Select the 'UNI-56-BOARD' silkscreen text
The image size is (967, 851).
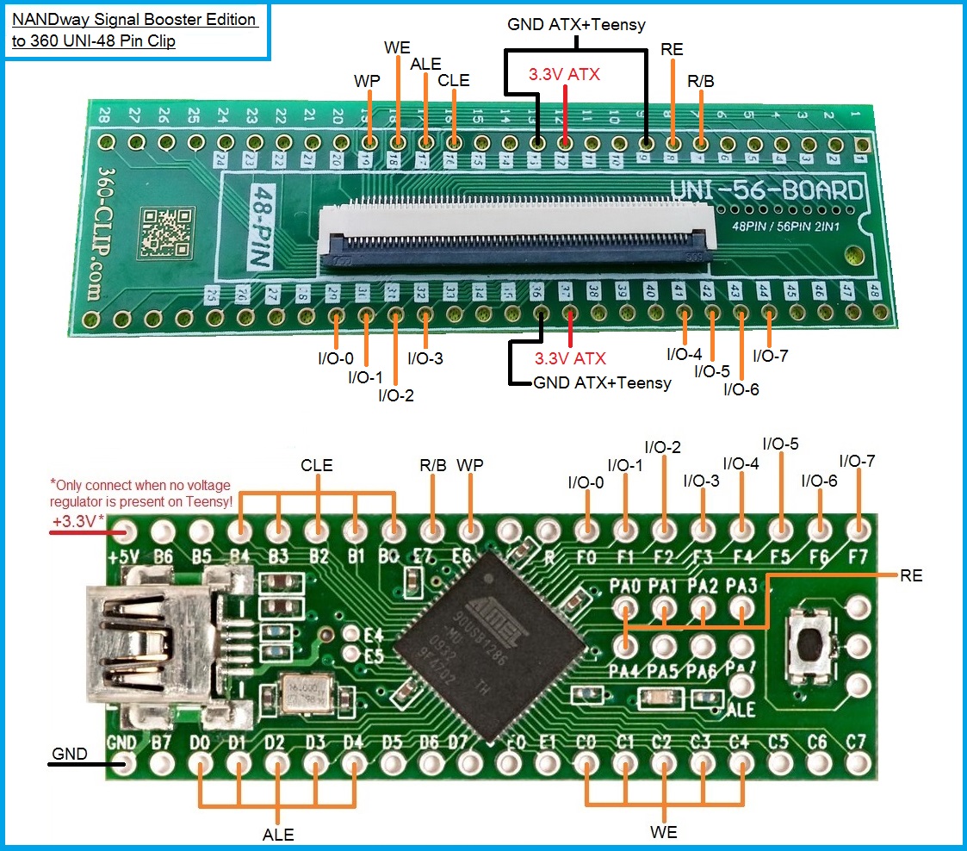tap(766, 191)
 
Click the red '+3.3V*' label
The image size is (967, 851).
tap(78, 522)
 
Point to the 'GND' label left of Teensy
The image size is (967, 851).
tap(70, 754)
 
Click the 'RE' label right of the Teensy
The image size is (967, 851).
tap(911, 575)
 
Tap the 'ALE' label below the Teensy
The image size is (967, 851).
tap(278, 834)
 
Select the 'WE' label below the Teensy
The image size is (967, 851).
tap(664, 832)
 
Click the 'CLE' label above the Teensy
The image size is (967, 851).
tap(317, 466)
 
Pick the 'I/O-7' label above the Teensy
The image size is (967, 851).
tap(857, 462)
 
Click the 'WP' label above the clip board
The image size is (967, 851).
tap(368, 80)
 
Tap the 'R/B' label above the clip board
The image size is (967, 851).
tap(700, 81)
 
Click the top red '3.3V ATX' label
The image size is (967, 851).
tap(564, 74)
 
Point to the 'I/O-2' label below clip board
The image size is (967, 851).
tap(396, 395)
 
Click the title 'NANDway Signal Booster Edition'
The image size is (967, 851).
tap(135, 18)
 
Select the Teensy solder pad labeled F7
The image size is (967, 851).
tap(856, 527)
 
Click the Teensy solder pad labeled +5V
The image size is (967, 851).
tap(124, 527)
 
